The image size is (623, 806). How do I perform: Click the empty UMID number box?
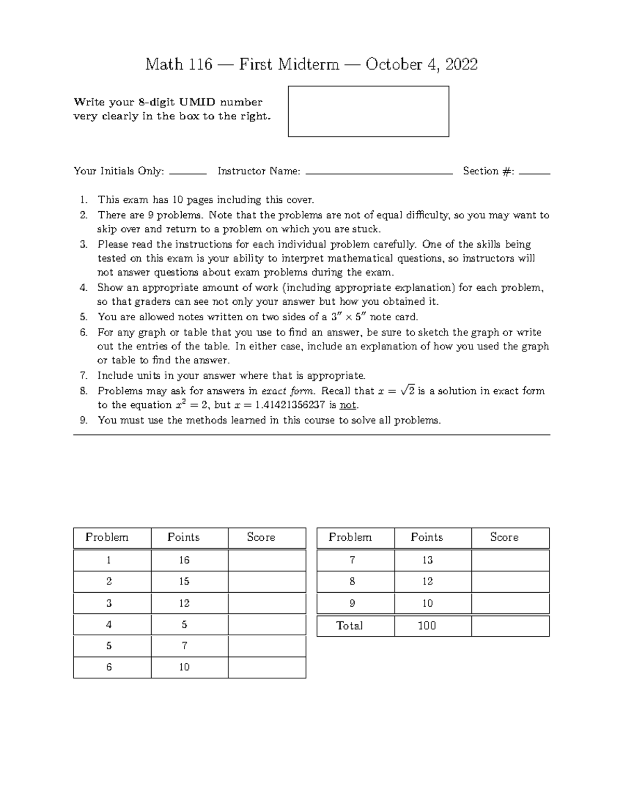(368, 111)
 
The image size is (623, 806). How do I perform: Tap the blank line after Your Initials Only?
(188, 173)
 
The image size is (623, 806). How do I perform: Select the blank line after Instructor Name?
(379, 173)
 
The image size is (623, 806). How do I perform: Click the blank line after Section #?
(534, 173)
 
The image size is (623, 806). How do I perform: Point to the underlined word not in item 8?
(348, 405)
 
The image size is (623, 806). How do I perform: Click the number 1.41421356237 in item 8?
(290, 405)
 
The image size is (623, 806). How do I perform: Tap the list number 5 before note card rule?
(84, 317)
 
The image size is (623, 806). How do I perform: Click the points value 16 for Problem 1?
(184, 560)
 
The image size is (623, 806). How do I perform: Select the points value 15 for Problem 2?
(184, 582)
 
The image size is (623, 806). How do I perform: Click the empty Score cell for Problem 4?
(267, 624)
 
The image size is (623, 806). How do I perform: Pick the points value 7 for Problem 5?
(184, 646)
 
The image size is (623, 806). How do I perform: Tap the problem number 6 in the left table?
(109, 667)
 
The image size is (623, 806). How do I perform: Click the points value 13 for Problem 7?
(427, 560)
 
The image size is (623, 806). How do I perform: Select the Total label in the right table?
(349, 626)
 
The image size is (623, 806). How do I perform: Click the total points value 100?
(427, 626)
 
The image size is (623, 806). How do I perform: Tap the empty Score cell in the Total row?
(510, 626)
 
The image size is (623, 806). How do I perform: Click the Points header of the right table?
(427, 537)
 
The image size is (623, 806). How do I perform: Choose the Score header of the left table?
(261, 537)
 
